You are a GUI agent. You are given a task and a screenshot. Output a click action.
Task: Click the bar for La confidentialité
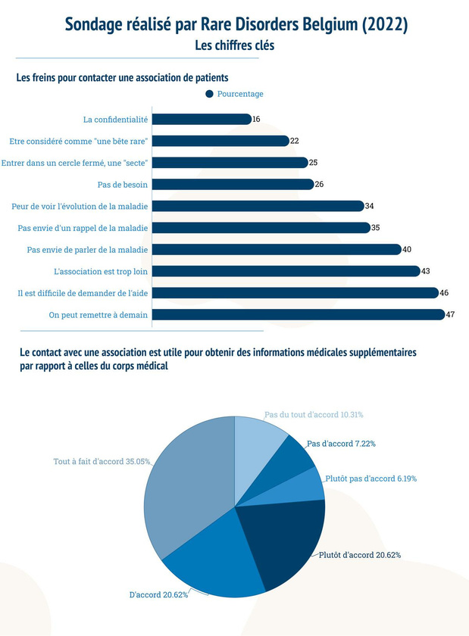(x=202, y=119)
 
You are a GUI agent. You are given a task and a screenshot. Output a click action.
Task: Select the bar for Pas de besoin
(x=233, y=184)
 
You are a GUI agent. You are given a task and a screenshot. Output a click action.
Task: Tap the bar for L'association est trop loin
(x=286, y=271)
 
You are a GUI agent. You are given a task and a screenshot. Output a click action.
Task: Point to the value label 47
(x=450, y=315)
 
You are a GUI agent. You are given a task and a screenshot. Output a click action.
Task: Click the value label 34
(x=369, y=206)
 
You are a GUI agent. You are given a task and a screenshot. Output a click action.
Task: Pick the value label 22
(x=295, y=141)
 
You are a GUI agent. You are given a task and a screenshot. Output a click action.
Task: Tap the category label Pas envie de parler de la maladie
(x=87, y=249)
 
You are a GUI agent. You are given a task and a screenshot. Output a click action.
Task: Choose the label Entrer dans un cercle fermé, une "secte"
(x=74, y=163)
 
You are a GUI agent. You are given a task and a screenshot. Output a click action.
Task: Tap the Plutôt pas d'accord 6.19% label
(x=371, y=479)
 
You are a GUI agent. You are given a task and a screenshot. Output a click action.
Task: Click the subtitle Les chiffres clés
(x=235, y=45)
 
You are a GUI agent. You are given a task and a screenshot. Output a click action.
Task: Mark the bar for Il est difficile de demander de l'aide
(x=295, y=293)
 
